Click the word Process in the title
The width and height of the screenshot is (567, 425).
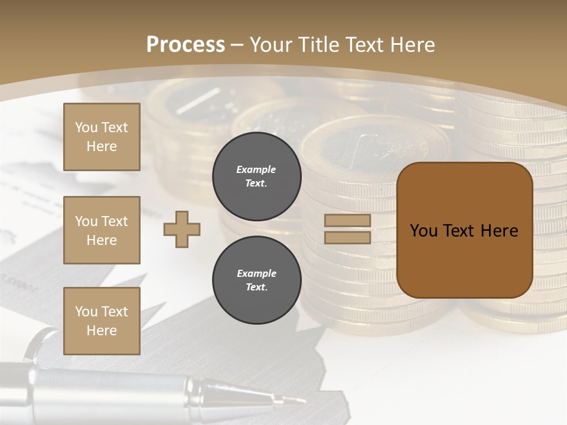coord(185,45)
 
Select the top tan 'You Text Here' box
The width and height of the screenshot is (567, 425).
coord(102,137)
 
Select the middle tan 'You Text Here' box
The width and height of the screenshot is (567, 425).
coord(102,230)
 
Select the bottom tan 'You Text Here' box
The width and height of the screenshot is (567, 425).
coord(102,321)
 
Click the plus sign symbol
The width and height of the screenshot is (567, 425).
coord(182,229)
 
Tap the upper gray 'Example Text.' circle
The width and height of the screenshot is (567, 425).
coord(256,176)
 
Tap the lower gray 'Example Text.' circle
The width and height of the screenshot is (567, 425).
coord(256,280)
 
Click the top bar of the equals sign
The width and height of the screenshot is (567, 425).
coord(348,221)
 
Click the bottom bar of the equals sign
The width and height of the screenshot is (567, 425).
coord(348,237)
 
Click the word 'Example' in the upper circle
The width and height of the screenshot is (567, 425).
coord(256,170)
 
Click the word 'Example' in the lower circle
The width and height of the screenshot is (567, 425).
coord(256,274)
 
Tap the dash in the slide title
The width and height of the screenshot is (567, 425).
coord(237,45)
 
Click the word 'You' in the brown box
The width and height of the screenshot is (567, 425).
coord(423,231)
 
